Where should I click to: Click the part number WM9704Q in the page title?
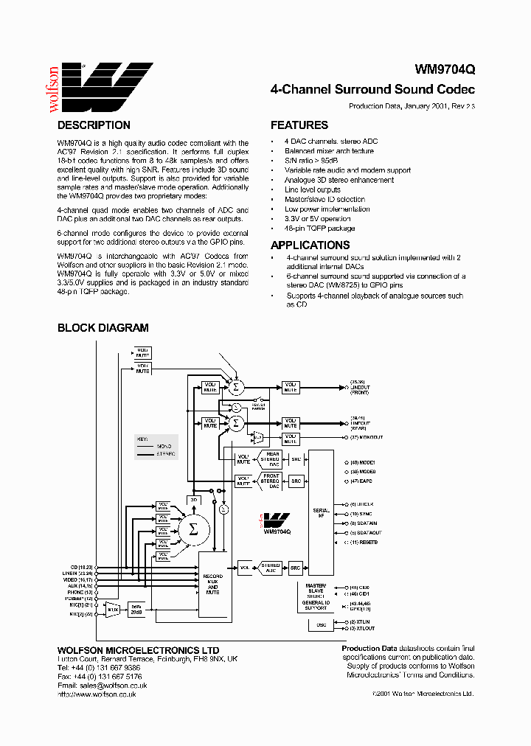[x=445, y=71]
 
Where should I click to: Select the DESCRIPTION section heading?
[x=94, y=125]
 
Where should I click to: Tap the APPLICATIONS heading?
[x=310, y=245]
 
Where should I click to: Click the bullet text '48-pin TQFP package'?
[x=319, y=229]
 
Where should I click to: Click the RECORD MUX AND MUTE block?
[x=212, y=583]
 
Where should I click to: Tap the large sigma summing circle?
[x=194, y=529]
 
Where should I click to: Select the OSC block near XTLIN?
[x=321, y=625]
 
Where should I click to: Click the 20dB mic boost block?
[x=136, y=609]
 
